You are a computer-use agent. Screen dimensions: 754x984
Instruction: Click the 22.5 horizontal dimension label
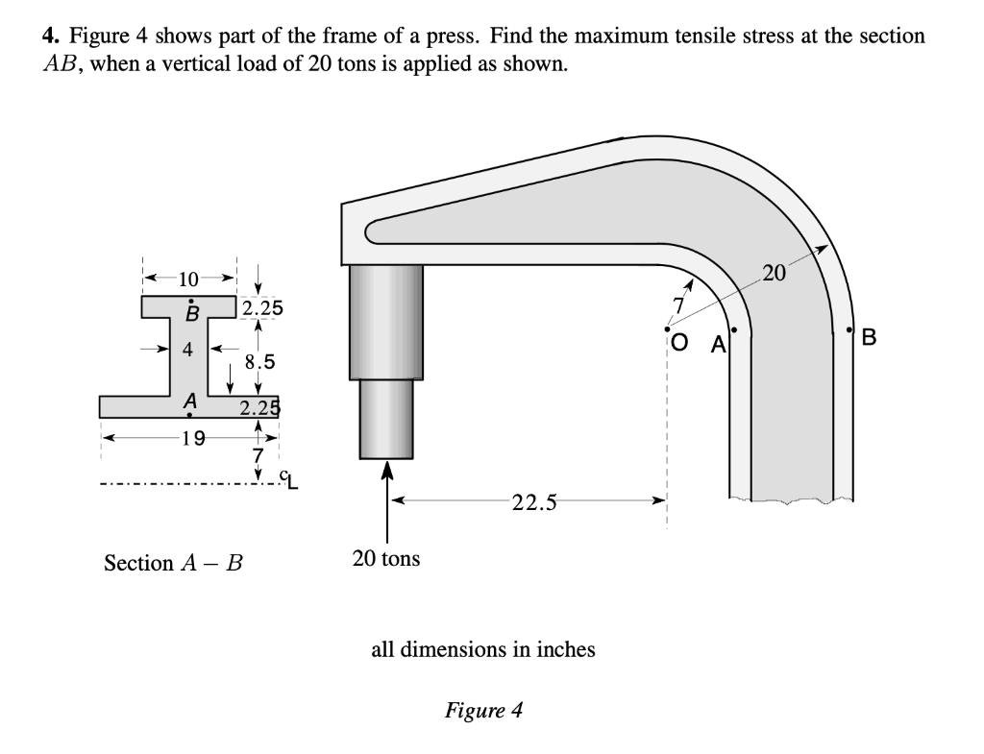529,502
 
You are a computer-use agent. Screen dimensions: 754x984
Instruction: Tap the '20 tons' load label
385,558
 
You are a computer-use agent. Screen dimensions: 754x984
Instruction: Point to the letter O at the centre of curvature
679,341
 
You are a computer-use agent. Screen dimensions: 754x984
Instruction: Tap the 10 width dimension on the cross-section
189,280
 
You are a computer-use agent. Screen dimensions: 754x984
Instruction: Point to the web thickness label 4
188,349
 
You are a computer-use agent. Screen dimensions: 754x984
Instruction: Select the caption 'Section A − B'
173,563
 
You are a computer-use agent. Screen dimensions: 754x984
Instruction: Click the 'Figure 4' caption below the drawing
483,711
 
